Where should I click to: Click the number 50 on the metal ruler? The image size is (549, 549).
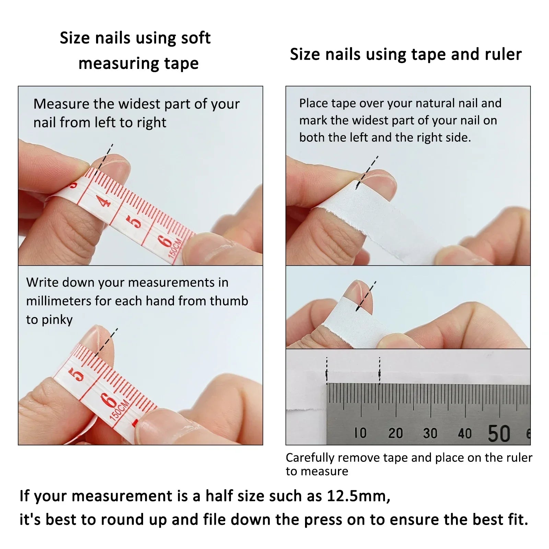click(x=499, y=433)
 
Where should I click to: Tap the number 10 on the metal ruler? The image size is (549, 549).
click(x=360, y=433)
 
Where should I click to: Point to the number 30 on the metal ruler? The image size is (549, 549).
click(x=430, y=433)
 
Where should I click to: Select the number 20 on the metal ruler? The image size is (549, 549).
click(x=395, y=433)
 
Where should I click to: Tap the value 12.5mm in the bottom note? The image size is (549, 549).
click(x=358, y=496)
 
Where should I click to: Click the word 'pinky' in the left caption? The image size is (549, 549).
click(x=57, y=320)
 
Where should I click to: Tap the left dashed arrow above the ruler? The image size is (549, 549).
click(x=327, y=371)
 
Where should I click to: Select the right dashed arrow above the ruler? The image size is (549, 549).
click(x=379, y=371)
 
